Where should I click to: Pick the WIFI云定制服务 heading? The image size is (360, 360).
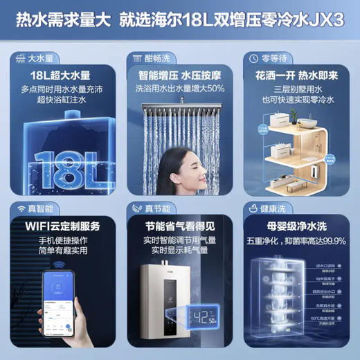coord(60,226)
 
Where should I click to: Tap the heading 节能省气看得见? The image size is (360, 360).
coord(179,226)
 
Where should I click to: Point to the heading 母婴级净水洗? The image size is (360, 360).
coord(298,226)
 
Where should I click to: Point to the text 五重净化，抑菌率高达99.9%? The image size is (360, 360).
coord(298,242)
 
